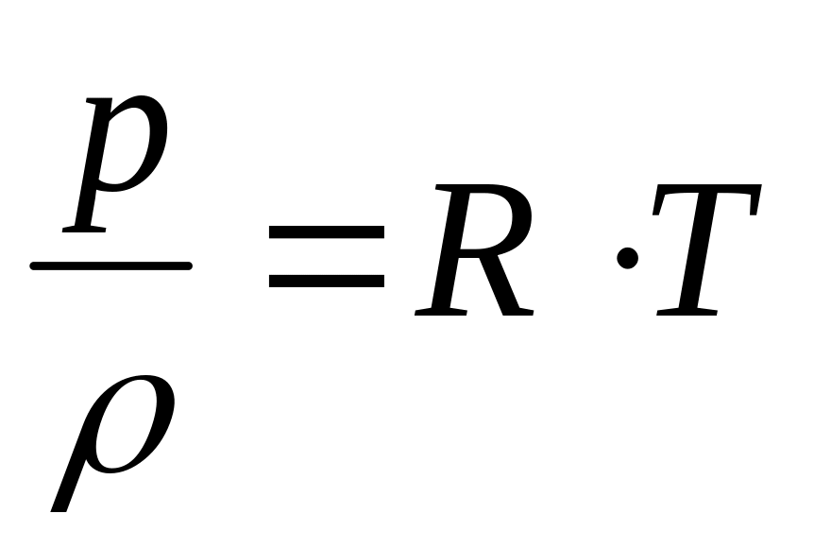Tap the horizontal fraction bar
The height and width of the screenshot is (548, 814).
point(111,266)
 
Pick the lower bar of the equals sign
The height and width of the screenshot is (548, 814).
point(326,280)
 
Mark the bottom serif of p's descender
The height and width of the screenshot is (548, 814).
point(85,228)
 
